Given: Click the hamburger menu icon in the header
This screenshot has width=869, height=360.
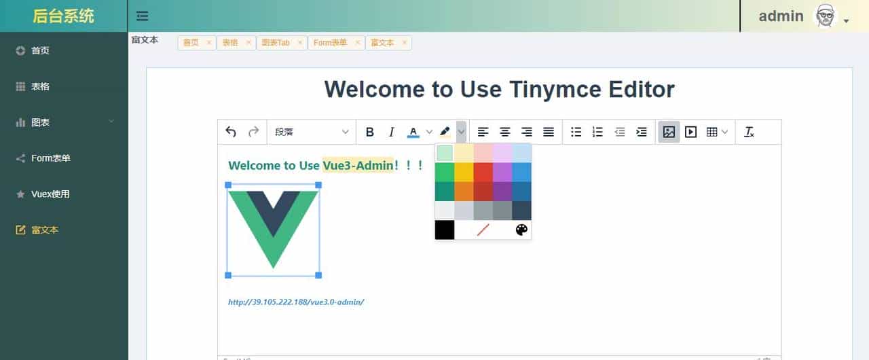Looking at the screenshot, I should tap(142, 16).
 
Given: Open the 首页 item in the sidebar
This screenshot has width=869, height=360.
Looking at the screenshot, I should tap(40, 51).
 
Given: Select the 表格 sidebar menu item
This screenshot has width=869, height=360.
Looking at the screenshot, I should tap(40, 87).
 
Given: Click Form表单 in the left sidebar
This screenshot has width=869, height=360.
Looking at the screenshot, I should tap(50, 158).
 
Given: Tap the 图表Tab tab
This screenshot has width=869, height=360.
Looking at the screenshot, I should tap(275, 43).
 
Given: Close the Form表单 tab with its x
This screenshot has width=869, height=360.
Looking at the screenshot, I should tap(356, 43).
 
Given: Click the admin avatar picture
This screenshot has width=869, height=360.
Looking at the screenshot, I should tap(825, 16).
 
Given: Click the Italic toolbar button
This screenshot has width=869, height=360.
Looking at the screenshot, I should tap(391, 132).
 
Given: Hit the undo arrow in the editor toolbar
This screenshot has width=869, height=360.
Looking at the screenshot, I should tap(231, 132).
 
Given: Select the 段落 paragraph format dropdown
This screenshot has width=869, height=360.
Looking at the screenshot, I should tap(312, 132).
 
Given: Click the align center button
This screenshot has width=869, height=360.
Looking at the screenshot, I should tap(505, 132).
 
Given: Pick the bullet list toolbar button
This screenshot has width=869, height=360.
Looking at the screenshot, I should tap(576, 132).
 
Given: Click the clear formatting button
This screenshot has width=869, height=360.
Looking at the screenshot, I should tap(749, 132).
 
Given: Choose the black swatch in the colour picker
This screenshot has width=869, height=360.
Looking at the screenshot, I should tap(445, 230).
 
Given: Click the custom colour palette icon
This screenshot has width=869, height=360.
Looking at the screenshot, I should tap(521, 230).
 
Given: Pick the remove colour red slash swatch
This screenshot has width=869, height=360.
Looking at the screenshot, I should tap(483, 230).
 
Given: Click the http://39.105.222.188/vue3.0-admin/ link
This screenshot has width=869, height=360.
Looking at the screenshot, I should tap(296, 302).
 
